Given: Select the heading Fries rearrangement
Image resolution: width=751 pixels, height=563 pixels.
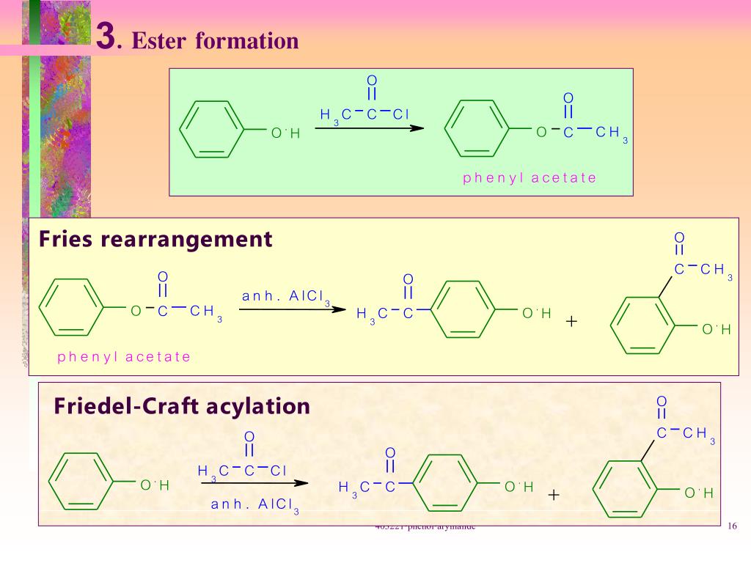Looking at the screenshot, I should click(155, 239).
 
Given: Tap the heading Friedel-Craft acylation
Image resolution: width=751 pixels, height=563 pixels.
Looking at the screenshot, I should click(182, 405).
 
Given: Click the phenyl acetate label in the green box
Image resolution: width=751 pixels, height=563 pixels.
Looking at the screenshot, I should click(530, 178).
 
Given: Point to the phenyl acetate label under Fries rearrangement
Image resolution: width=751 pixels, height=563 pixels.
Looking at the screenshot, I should click(124, 357).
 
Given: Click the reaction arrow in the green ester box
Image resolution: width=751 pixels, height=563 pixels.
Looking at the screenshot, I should click(370, 128).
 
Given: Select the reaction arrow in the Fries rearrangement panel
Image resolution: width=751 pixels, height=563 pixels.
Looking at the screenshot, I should click(292, 309).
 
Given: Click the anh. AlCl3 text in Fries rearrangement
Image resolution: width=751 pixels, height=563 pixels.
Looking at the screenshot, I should click(286, 297).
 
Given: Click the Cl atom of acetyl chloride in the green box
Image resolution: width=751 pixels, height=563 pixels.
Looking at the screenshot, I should click(400, 114).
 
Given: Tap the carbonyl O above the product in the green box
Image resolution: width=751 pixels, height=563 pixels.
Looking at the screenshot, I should click(568, 98).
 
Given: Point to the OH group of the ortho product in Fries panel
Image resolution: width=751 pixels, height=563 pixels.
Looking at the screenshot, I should click(716, 329).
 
